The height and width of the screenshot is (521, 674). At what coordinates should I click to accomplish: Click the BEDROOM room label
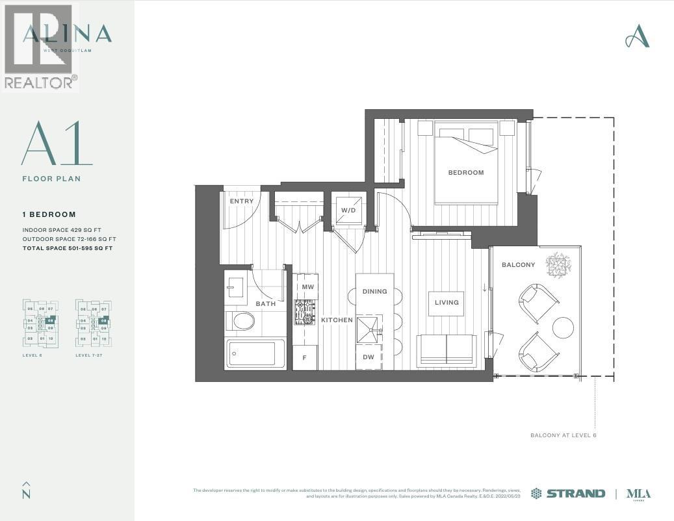(x=466, y=173)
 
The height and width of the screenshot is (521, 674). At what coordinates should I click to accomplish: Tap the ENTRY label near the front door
(x=242, y=201)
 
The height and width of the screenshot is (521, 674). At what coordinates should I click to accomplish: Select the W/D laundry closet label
(x=348, y=210)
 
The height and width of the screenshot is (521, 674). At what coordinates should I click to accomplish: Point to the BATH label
(x=265, y=303)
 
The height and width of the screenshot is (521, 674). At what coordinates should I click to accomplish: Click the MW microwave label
(x=307, y=286)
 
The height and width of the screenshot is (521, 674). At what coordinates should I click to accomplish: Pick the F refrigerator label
(x=304, y=358)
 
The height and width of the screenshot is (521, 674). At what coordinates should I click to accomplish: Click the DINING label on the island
(x=374, y=292)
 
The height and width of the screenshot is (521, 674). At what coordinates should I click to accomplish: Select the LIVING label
(x=446, y=303)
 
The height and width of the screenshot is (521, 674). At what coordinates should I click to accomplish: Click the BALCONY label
(x=518, y=265)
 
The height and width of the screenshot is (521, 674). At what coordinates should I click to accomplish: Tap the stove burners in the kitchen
(x=305, y=312)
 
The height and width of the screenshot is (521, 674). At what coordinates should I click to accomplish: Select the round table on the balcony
(x=563, y=327)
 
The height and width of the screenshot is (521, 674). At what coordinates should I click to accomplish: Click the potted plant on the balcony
(x=558, y=264)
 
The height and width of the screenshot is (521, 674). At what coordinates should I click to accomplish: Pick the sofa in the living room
(x=446, y=351)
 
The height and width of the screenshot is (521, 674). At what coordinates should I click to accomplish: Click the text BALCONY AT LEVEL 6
(x=563, y=435)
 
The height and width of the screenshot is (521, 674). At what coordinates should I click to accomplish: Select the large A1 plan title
(x=57, y=144)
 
